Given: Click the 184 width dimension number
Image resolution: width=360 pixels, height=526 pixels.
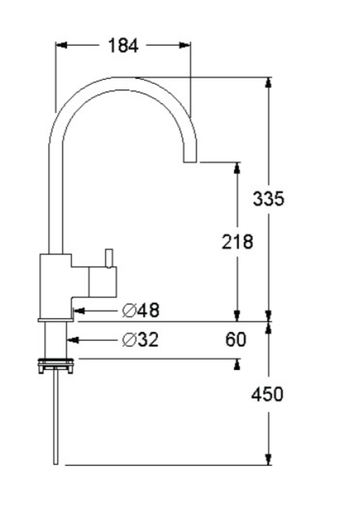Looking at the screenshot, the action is (x=123, y=46).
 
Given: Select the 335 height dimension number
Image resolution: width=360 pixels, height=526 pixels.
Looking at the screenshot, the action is (x=268, y=198).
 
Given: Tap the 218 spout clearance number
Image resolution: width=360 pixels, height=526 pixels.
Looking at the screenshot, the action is (x=237, y=242).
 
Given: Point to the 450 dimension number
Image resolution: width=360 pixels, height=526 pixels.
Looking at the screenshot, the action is (x=268, y=394).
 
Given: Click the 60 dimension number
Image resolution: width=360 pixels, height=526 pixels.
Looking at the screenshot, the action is (x=236, y=339).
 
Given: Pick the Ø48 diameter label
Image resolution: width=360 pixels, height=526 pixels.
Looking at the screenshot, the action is (x=141, y=310).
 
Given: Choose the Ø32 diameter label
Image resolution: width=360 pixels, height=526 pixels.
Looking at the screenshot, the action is (x=140, y=340).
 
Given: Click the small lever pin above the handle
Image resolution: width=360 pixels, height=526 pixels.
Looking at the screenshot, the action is (x=109, y=258).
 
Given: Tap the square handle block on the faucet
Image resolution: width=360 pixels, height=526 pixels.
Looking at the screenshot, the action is (x=103, y=282).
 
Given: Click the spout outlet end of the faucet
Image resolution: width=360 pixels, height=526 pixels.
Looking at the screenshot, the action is (x=190, y=162).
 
